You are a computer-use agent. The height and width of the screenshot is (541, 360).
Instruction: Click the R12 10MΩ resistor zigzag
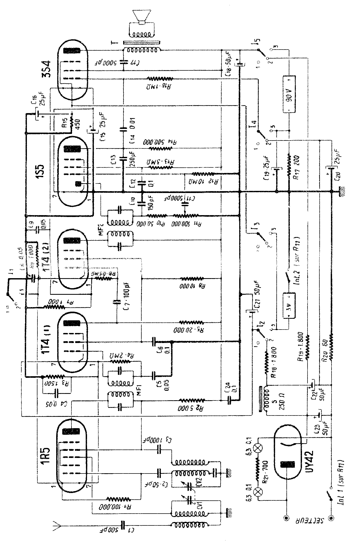pyautogui.click(x=203, y=174)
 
